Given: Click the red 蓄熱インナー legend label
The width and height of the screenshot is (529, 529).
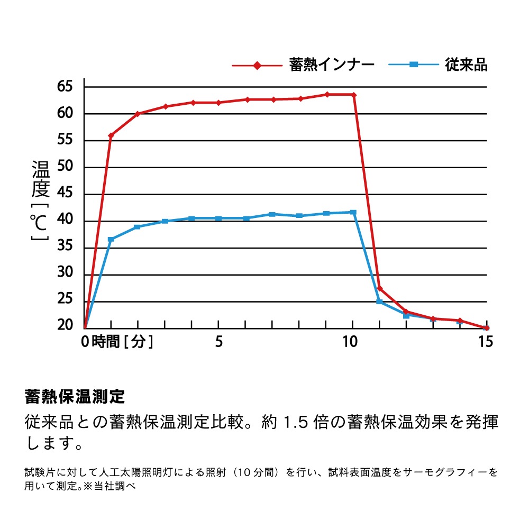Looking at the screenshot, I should pyautogui.click(x=332, y=65).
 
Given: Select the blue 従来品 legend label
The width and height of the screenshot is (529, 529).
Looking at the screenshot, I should pyautogui.click(x=466, y=65).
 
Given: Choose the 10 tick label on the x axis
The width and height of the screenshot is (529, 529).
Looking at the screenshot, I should pyautogui.click(x=350, y=342).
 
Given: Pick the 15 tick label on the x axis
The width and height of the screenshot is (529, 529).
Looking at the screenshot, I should pyautogui.click(x=485, y=342).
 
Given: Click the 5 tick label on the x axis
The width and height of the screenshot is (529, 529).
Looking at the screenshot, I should pyautogui.click(x=218, y=342).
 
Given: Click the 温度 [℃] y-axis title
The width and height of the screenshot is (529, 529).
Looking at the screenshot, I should pyautogui.click(x=40, y=201).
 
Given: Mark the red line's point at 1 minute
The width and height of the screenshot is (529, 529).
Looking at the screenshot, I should pyautogui.click(x=111, y=136).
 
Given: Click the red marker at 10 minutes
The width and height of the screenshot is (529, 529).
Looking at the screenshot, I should pyautogui.click(x=353, y=95).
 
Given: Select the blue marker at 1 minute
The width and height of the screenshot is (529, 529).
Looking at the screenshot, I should pyautogui.click(x=111, y=240).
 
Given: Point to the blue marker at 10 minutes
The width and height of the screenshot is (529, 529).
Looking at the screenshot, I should pyautogui.click(x=353, y=212).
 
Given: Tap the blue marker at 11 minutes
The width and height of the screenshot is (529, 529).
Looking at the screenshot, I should pyautogui.click(x=379, y=302).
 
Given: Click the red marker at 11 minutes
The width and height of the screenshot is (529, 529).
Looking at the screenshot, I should pyautogui.click(x=380, y=288).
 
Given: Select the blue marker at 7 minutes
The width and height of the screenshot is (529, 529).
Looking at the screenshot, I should pyautogui.click(x=272, y=214).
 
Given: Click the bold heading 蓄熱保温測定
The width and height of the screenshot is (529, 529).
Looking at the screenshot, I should pyautogui.click(x=75, y=396).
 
